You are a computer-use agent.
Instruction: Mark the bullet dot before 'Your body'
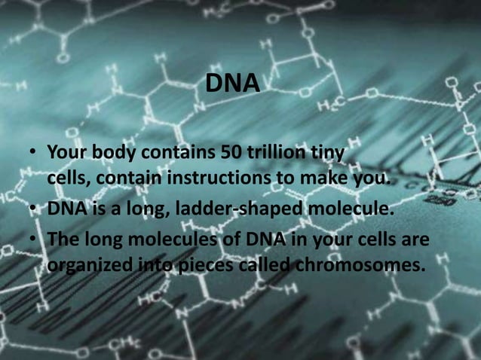[33, 154]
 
